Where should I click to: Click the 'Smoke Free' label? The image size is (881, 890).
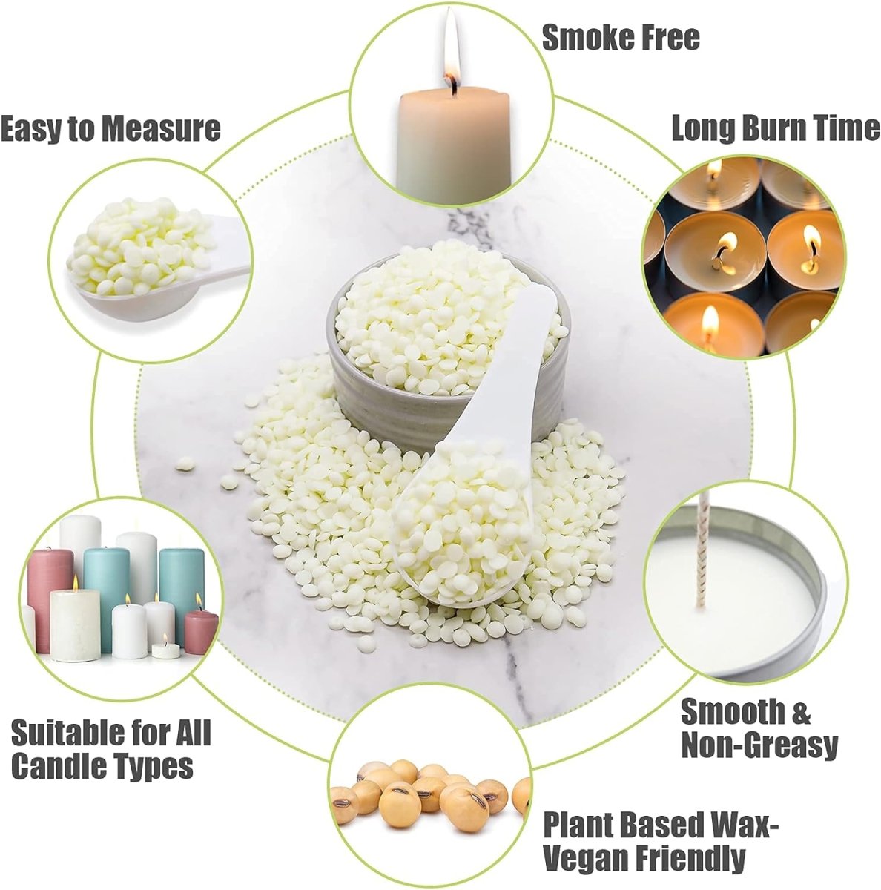tap(620, 37)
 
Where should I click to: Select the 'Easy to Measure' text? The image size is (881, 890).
tap(110, 128)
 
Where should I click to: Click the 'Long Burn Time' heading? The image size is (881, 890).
tap(775, 128)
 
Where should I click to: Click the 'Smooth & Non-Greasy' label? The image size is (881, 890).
tap(758, 728)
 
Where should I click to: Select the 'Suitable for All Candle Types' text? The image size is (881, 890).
tap(111, 749)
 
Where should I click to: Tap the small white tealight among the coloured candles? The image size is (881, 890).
tap(165, 651)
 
